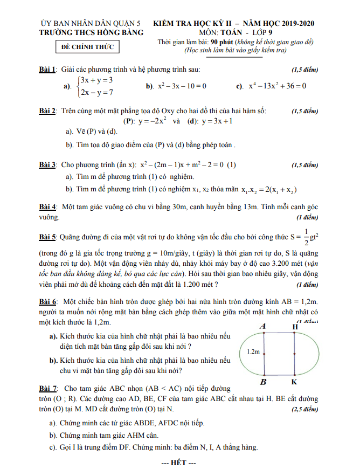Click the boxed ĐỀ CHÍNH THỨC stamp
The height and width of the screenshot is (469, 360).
pos(88,47)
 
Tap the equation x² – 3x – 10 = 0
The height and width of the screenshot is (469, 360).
pos(181,86)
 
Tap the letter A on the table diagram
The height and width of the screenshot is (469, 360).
pos(263,326)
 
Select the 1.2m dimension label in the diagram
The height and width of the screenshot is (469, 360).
pos(253,351)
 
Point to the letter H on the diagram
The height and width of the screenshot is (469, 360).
pos(295,326)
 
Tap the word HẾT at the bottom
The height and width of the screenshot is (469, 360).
pos(179,462)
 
